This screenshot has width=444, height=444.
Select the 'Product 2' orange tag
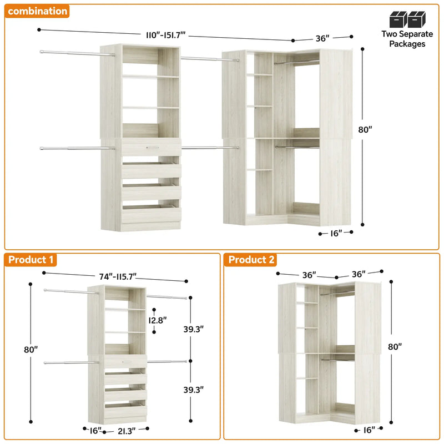click(251, 260)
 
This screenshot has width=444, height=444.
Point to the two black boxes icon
click(407, 19)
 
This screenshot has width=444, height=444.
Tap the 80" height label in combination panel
click(365, 130)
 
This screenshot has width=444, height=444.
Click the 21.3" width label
click(125, 431)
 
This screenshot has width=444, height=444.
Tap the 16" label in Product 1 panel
click(95, 431)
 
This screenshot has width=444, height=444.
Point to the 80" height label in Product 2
click(395, 346)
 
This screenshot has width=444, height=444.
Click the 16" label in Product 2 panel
click(368, 430)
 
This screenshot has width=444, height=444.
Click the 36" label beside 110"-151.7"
click(323, 39)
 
